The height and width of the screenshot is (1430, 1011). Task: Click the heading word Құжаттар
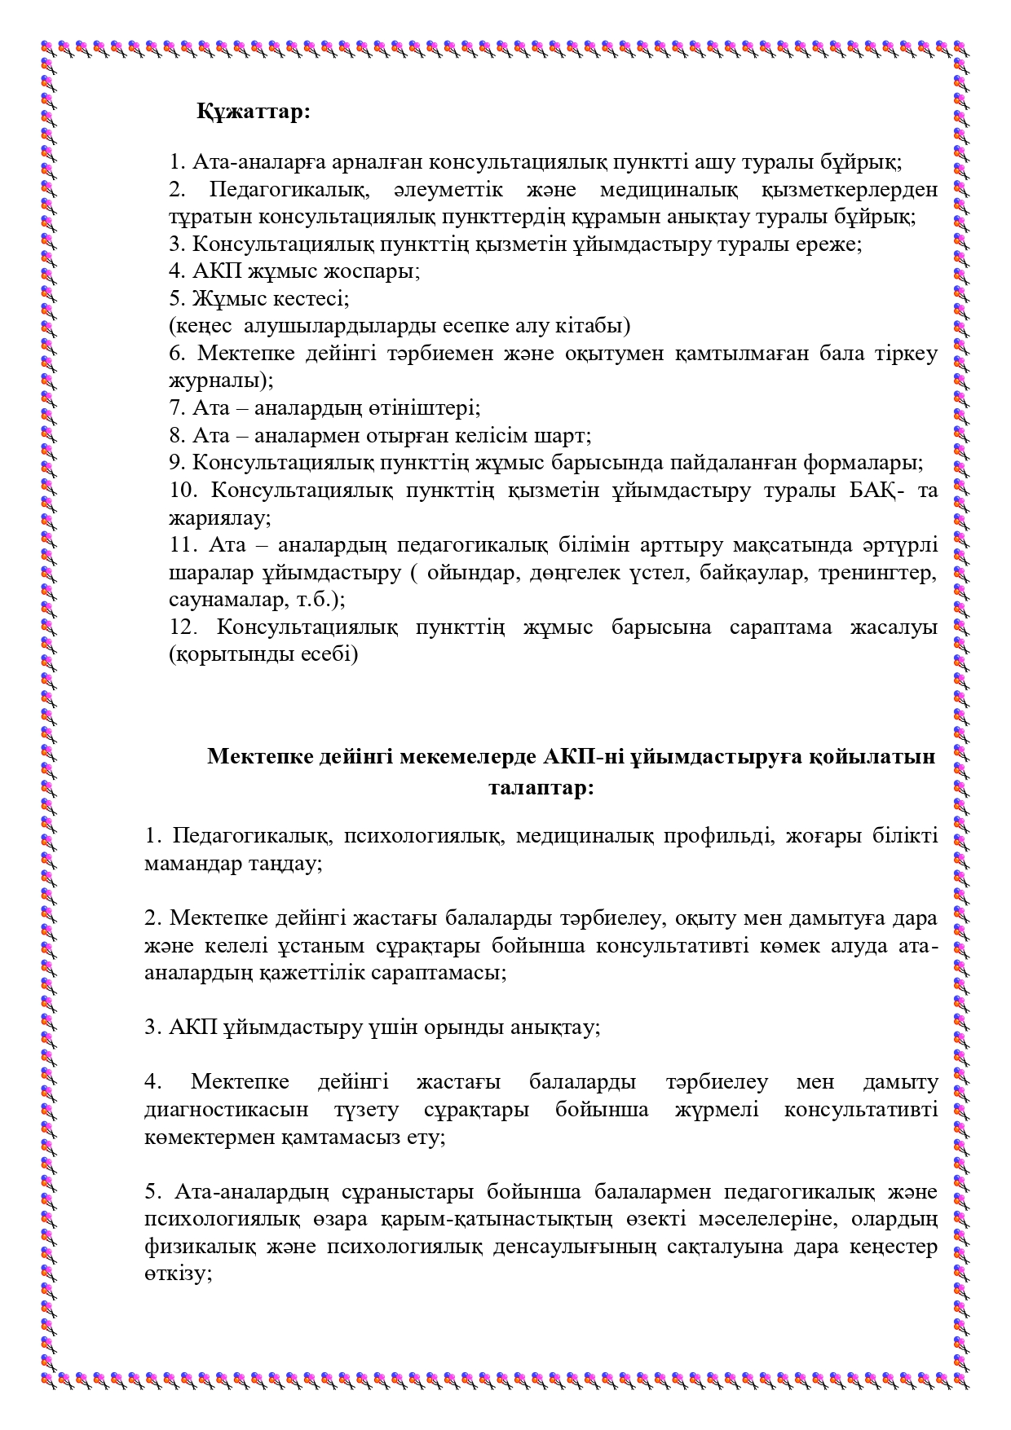[253, 112]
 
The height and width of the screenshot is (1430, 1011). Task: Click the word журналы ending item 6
[218, 381]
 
